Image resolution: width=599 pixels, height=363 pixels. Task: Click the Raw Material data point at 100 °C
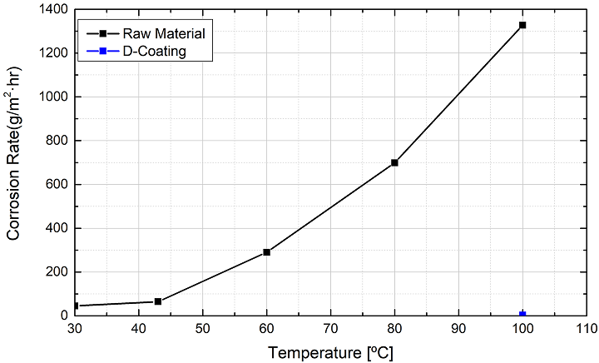point(522,25)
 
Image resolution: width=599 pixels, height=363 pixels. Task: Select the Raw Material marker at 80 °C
point(394,162)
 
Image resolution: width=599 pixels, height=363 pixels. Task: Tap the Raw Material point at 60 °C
point(266,251)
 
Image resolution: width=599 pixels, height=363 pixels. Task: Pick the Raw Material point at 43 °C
point(158,301)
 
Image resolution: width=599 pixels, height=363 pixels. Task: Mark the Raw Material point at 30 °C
point(76,306)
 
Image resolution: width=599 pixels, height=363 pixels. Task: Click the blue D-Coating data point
point(522,314)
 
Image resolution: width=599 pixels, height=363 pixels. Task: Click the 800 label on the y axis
point(58,141)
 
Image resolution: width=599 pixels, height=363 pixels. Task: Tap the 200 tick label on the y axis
point(58,272)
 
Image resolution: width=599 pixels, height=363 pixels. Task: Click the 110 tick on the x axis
point(587,330)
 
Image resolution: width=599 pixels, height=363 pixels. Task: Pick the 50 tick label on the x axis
point(202,330)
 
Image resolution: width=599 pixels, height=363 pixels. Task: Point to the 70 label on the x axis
point(330,330)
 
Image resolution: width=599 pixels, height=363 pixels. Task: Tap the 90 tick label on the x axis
point(458,330)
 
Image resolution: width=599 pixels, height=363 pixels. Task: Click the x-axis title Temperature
point(330,352)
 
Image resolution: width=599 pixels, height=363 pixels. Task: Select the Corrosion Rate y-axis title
point(14,162)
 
